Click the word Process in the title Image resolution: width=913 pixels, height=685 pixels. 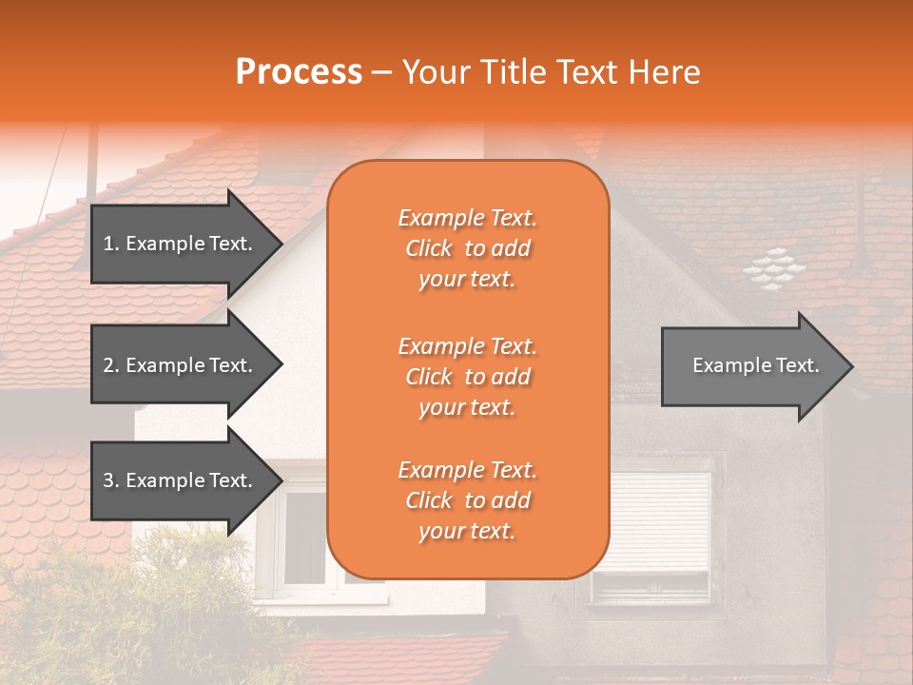pyautogui.click(x=299, y=72)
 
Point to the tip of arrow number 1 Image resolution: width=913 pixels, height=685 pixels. pyautogui.click(x=280, y=244)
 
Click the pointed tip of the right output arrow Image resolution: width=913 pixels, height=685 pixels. pyautogui.click(x=850, y=366)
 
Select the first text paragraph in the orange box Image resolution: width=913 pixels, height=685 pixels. pyautogui.click(x=467, y=248)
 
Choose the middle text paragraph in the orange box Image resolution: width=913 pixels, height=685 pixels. pyautogui.click(x=467, y=377)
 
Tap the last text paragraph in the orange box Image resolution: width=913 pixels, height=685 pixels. pyautogui.click(x=467, y=500)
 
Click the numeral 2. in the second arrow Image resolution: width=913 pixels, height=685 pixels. pyautogui.click(x=111, y=365)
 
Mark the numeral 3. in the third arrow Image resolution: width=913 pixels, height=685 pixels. pyautogui.click(x=111, y=480)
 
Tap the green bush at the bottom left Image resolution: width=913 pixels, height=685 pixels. pyautogui.click(x=143, y=599)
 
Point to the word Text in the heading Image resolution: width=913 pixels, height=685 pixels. pyautogui.click(x=591, y=72)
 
